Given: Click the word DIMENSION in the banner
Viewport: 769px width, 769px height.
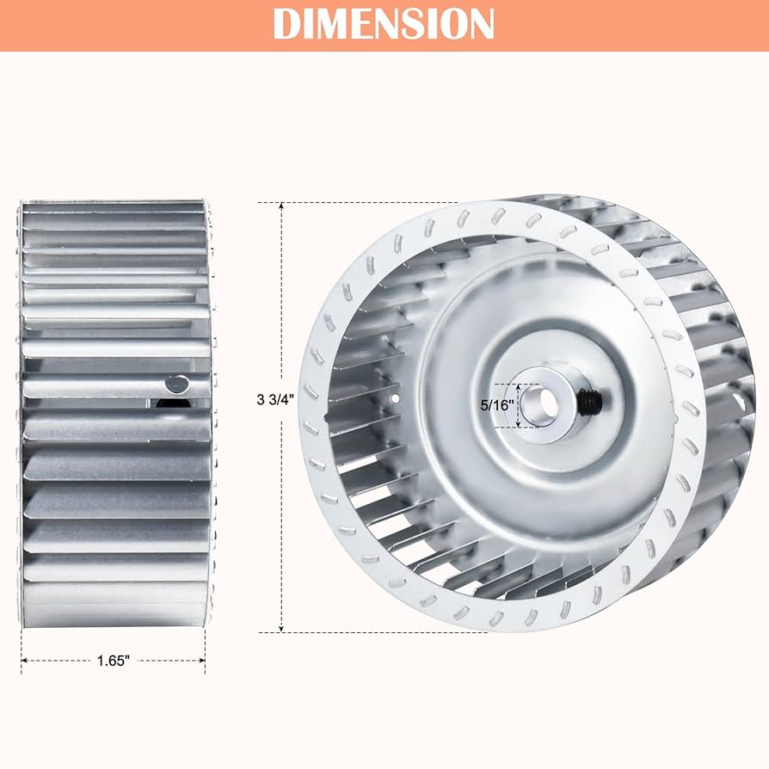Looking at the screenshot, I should [x=384, y=23].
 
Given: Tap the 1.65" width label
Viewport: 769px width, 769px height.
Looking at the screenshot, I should [x=113, y=661].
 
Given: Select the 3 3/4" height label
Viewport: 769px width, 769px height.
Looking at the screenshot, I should [x=274, y=399].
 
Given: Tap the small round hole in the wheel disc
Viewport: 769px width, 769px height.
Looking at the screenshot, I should [x=395, y=399].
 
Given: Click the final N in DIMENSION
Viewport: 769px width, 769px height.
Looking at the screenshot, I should [x=481, y=23].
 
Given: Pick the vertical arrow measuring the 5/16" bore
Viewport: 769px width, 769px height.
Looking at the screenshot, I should [x=519, y=405].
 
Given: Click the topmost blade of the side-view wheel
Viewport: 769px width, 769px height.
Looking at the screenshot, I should [x=113, y=206].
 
